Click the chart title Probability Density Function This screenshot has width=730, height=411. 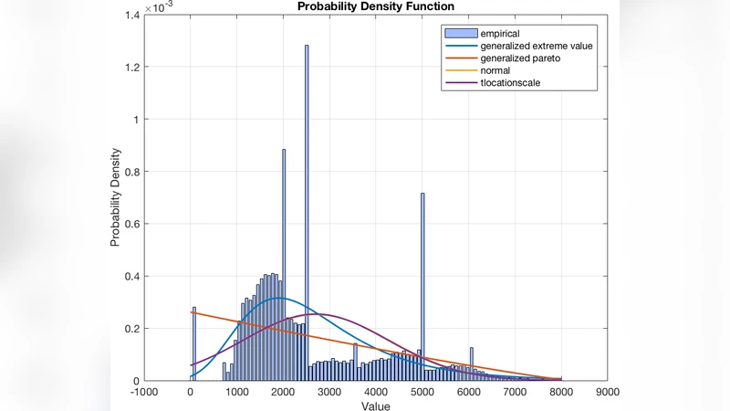coord(376,6)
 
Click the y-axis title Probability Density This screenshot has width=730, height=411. coord(116,197)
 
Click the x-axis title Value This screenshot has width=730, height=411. coord(375,406)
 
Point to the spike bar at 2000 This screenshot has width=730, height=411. coord(284,265)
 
